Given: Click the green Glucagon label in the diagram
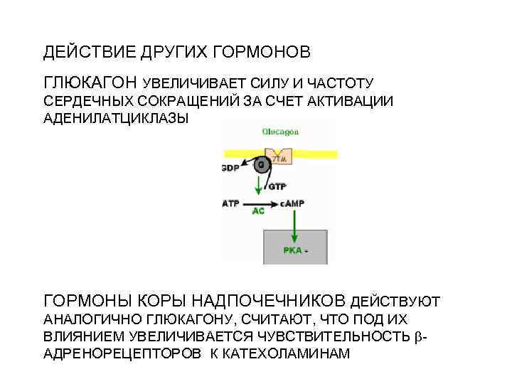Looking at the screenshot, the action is [x=279, y=132].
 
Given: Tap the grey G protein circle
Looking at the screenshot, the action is [x=261, y=165].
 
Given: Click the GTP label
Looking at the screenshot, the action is [x=277, y=186].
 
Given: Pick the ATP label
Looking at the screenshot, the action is [x=231, y=203].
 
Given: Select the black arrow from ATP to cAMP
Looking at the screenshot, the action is [x=260, y=203].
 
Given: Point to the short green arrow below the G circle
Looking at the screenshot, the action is [x=259, y=186].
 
